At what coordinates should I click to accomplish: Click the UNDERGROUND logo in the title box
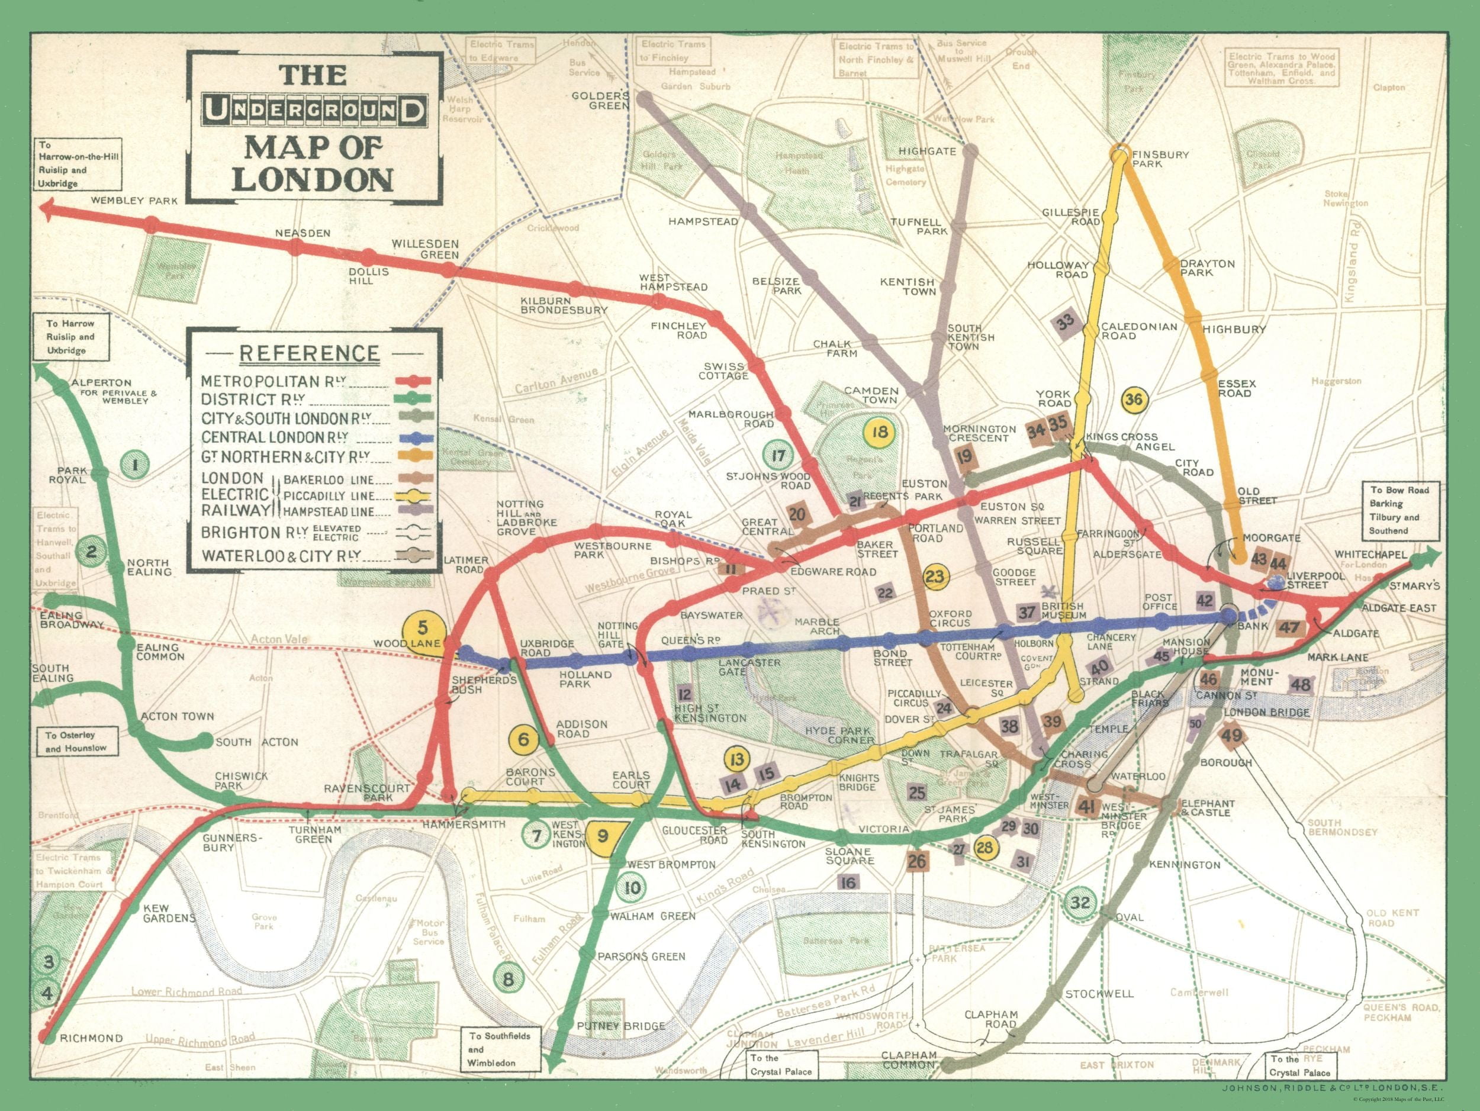point(314,110)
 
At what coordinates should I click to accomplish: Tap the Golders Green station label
point(600,101)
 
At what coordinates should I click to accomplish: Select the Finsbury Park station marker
point(1119,156)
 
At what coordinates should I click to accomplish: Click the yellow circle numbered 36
point(1134,400)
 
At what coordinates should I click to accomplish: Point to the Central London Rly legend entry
point(274,437)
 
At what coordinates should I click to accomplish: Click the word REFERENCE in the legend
point(309,353)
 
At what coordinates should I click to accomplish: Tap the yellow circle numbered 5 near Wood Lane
point(422,629)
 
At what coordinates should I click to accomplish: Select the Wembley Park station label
point(134,200)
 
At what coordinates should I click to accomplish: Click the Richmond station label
point(91,1038)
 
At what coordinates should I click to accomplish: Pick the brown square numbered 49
point(1232,736)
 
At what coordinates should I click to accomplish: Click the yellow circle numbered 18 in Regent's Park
point(879,431)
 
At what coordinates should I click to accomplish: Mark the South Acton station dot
point(205,740)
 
